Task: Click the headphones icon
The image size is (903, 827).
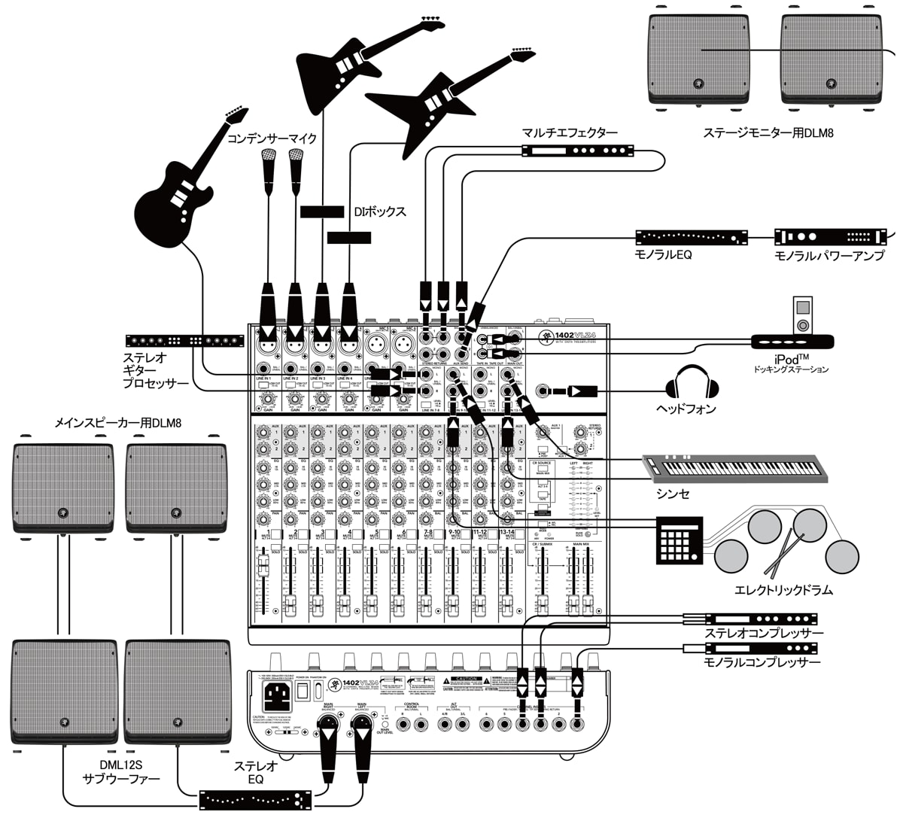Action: (692, 382)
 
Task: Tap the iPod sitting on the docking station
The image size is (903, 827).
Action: (803, 315)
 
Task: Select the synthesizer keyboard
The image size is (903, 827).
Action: (734, 467)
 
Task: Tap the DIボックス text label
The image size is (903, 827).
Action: (380, 212)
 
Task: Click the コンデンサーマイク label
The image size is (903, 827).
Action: (272, 138)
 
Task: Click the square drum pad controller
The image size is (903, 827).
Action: (679, 540)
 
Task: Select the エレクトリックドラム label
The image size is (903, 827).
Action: (783, 590)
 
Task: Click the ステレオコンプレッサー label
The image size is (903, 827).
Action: (764, 634)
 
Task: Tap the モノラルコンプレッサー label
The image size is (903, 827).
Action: (762, 662)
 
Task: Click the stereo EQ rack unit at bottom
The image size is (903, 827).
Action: (256, 799)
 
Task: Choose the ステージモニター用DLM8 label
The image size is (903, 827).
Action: (768, 133)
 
